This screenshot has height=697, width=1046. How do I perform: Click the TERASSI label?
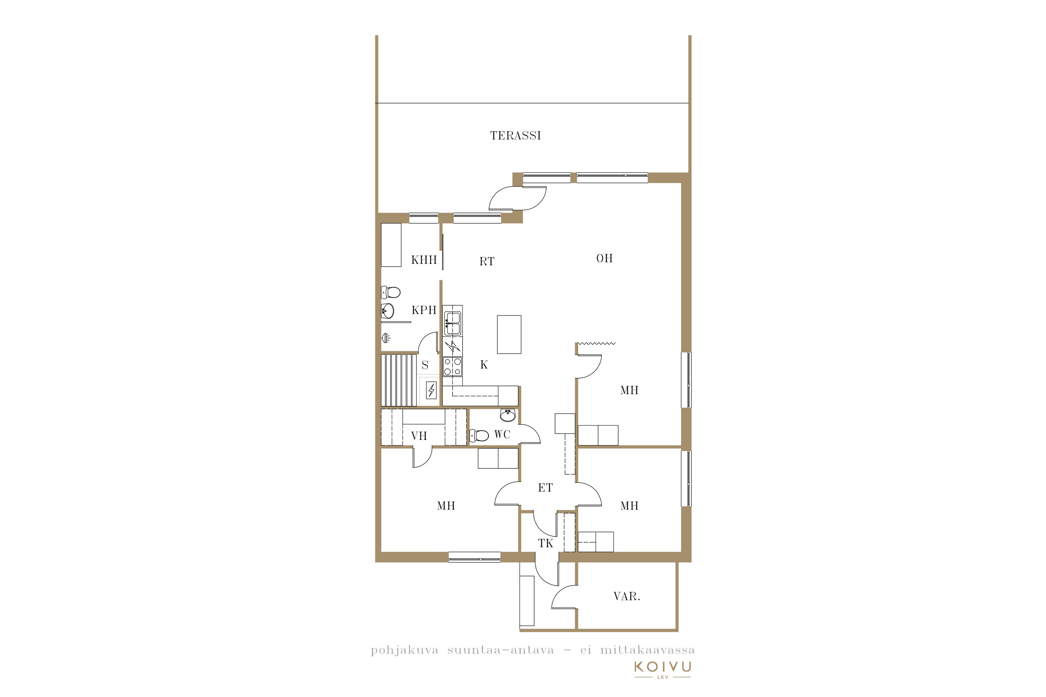pos(515,136)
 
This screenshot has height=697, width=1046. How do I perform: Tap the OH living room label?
pos(604,258)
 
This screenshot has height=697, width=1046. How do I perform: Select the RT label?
pos(486,261)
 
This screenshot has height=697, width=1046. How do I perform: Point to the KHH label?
pos(424,260)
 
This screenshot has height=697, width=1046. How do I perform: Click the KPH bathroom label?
pos(424,310)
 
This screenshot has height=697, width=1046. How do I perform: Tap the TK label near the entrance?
pos(546,543)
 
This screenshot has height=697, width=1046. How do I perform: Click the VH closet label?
pos(419,436)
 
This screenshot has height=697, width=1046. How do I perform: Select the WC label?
pos(502,434)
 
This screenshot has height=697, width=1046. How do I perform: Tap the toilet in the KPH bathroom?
pos(391,292)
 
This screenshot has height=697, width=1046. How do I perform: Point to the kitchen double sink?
pos(453,323)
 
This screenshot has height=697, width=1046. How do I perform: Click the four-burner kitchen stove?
pos(453,367)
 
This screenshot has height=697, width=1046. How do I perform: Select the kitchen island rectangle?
pos(509,334)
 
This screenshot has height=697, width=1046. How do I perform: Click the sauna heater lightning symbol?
pos(431,390)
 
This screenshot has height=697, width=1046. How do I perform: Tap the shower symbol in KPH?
pos(386,338)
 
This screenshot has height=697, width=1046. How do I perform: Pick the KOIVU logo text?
pos(663,667)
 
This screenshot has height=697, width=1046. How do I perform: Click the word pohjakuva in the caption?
pos(405,650)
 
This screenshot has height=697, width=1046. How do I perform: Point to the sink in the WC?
pos(508,415)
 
